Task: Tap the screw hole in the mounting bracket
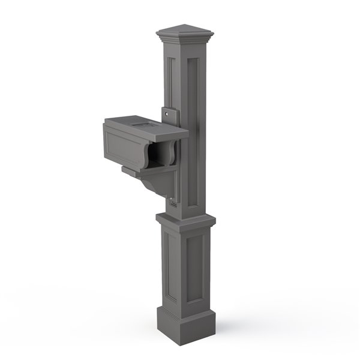click(169, 113)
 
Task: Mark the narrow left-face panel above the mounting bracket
click(169, 81)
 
